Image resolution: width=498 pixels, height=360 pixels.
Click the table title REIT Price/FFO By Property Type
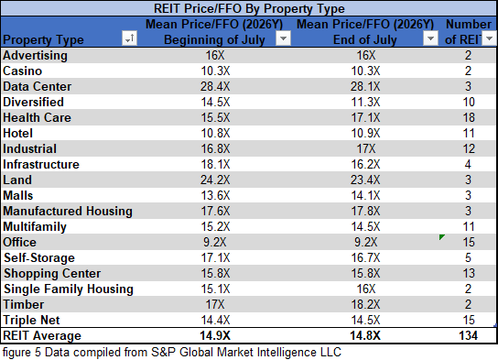click(249, 8)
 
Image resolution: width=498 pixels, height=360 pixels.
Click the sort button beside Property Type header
click(130, 38)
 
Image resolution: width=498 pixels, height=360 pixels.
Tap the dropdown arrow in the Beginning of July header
click(283, 38)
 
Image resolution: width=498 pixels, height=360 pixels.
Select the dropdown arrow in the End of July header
click(430, 38)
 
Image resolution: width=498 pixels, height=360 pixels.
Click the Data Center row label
click(38, 86)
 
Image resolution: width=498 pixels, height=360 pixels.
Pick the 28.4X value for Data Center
click(215, 86)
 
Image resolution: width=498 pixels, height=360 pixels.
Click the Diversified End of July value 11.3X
click(365, 102)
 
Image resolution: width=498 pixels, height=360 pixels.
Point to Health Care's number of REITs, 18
click(469, 117)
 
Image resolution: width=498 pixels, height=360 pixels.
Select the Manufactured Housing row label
click(68, 211)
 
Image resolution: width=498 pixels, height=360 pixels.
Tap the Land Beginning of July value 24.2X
click(215, 180)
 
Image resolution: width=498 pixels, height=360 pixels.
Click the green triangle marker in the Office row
click(441, 236)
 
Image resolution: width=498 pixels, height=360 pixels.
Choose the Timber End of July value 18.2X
click(365, 304)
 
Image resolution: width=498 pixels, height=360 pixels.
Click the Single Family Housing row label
click(69, 289)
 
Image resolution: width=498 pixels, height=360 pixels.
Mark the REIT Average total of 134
click(469, 335)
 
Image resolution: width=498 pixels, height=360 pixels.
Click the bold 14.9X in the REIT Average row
click(215, 335)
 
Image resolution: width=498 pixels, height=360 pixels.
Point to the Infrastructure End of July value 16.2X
click(365, 164)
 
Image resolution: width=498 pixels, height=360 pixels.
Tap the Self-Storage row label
click(39, 257)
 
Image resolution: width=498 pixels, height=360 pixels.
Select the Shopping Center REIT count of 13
click(469, 273)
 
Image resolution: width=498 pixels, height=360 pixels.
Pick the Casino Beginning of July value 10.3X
click(215, 71)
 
